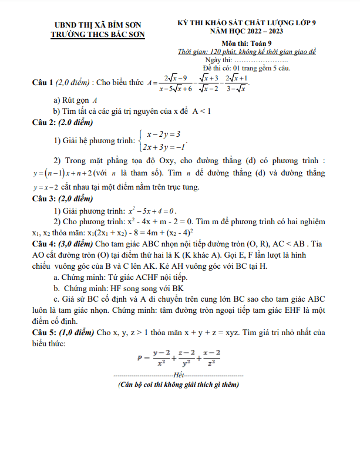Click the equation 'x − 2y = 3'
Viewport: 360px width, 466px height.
click(x=163, y=134)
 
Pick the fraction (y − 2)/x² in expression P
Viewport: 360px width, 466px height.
click(x=158, y=357)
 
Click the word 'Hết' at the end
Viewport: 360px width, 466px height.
click(x=178, y=374)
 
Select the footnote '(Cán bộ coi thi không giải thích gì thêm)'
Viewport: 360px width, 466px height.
click(x=178, y=385)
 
